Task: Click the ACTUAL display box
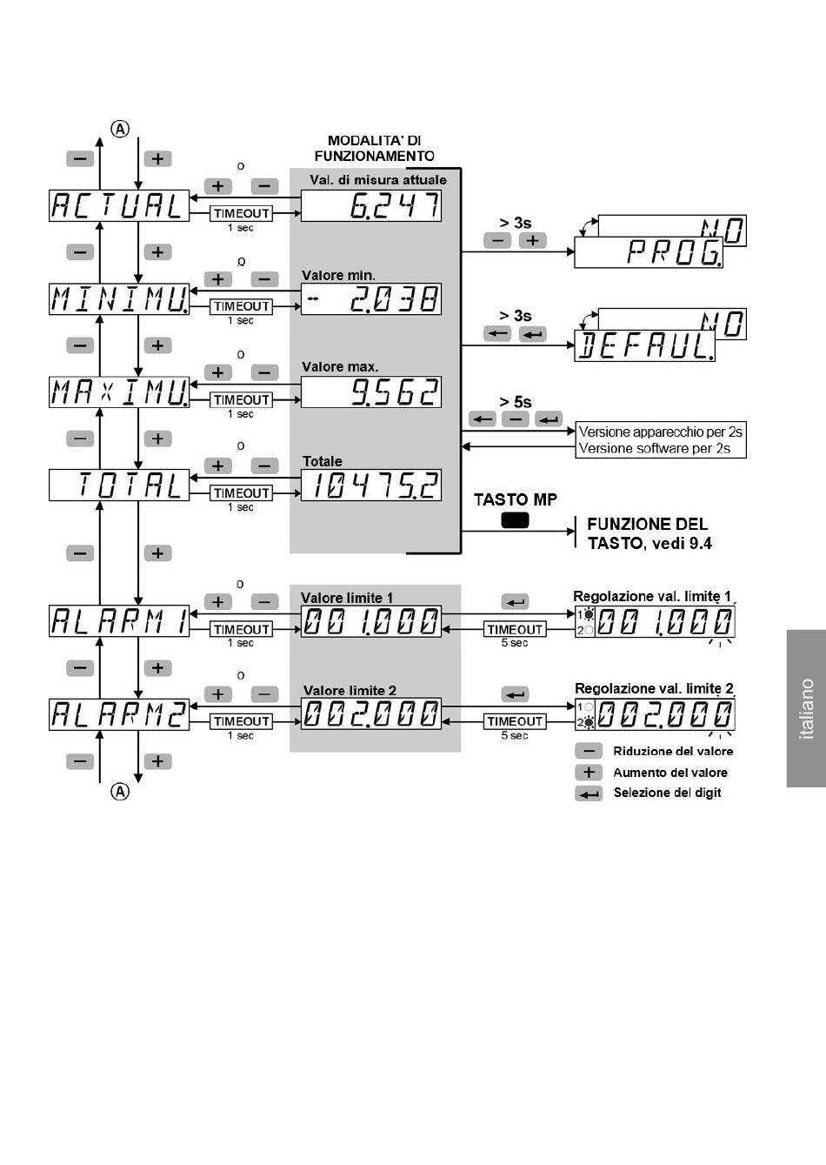[x=118, y=205]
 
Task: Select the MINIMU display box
[x=118, y=298]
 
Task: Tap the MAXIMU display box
[x=118, y=392]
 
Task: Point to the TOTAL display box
[x=118, y=485]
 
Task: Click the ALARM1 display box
[x=118, y=621]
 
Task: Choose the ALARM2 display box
[x=118, y=714]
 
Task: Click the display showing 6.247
[x=371, y=206]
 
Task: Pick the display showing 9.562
[x=371, y=392]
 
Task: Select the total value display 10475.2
[x=371, y=485]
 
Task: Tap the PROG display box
[x=648, y=252]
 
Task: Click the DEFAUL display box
[x=644, y=346]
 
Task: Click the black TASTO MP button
[x=515, y=520]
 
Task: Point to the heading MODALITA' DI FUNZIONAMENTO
[x=374, y=148]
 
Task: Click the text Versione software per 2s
[x=655, y=448]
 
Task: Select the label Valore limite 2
[x=350, y=690]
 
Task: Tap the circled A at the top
[x=120, y=129]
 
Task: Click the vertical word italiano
[x=807, y=708]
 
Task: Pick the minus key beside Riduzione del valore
[x=589, y=751]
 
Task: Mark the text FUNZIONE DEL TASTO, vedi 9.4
[x=648, y=533]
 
